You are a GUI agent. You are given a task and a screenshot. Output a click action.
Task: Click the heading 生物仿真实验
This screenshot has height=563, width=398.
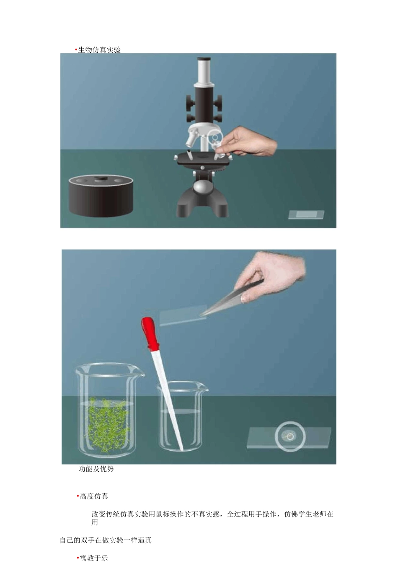tap(99, 50)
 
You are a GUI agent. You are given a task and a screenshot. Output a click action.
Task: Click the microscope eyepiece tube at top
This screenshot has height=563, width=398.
tap(204, 70)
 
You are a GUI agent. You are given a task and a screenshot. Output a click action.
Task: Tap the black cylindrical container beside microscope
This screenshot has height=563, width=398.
tap(101, 196)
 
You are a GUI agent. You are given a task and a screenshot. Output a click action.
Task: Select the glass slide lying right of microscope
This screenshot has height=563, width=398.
tap(306, 214)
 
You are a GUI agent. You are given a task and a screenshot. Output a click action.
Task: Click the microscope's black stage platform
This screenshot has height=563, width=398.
tap(203, 158)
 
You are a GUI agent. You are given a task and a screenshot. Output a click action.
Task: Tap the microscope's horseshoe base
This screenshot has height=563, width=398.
tap(202, 205)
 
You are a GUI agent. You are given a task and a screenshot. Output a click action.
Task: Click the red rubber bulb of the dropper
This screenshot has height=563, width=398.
tap(150, 333)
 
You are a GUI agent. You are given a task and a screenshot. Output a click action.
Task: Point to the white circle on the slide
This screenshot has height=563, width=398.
tap(290, 436)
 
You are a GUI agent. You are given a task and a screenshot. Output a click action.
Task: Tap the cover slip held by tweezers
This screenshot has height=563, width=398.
tap(182, 315)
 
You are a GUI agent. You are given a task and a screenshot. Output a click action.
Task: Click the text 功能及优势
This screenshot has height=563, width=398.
tap(96, 469)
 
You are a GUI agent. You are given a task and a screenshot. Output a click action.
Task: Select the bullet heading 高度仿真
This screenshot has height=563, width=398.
tap(94, 496)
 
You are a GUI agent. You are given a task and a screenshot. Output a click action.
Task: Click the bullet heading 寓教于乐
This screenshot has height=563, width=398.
tap(94, 558)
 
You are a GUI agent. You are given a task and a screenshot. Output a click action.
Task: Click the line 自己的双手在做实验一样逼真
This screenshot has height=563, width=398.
tap(106, 540)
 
